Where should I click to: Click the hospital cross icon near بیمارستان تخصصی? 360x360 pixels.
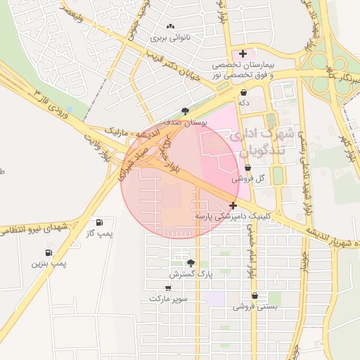243,53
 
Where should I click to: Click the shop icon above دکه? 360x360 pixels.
244,92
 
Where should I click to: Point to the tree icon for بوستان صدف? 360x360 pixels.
185,110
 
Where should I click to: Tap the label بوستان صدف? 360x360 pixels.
186,122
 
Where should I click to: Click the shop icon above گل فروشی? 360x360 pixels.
248,168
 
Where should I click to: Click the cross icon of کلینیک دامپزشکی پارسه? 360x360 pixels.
233,205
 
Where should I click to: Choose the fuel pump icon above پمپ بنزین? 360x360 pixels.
49,252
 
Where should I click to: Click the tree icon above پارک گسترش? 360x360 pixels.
190,262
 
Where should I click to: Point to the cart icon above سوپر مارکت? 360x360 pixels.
168,288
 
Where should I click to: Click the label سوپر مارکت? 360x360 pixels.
168,299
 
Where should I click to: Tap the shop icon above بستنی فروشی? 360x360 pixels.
254,296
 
